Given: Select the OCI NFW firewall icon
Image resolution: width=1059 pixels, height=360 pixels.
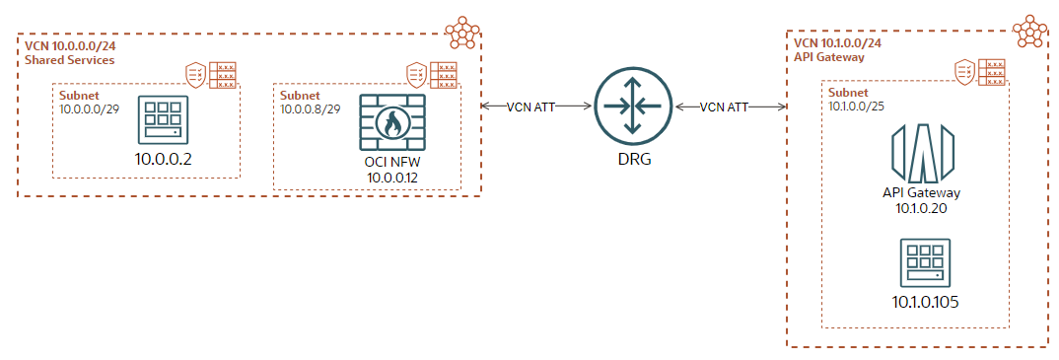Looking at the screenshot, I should [x=392, y=123].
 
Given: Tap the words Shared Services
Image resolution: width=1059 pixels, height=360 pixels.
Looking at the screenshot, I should [x=69, y=60].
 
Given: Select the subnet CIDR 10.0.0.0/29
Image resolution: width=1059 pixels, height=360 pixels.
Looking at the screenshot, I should [x=90, y=108].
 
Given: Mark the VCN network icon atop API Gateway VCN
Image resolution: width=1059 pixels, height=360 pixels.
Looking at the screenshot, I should [x=1029, y=30].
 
